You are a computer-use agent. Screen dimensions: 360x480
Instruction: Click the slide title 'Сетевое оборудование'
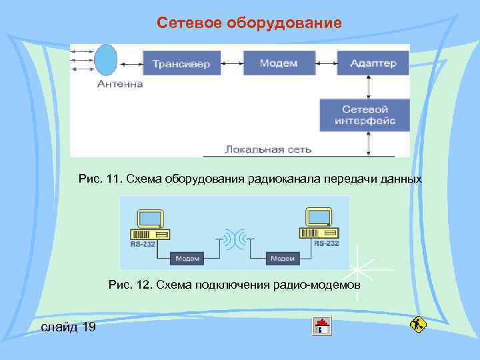pos(249,23)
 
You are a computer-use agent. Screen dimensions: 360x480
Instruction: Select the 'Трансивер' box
pos(181,63)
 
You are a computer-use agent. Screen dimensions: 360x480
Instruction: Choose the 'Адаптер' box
pos(373,63)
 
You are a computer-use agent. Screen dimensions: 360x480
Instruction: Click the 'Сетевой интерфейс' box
pos(364,115)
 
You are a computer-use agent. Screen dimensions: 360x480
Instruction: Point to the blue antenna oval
pos(106,61)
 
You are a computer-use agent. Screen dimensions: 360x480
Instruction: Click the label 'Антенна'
pos(120,84)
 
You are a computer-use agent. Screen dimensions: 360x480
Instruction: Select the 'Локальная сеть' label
pos(268,149)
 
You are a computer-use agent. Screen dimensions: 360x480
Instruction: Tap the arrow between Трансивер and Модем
pos(227,63)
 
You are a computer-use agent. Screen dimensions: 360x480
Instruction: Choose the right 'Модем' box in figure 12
pos(281,258)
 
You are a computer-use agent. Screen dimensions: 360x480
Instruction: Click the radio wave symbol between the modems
pos(234,238)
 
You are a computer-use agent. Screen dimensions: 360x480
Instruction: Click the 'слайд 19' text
pos(68,327)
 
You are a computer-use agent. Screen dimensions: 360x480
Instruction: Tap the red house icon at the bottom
pos(322,327)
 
